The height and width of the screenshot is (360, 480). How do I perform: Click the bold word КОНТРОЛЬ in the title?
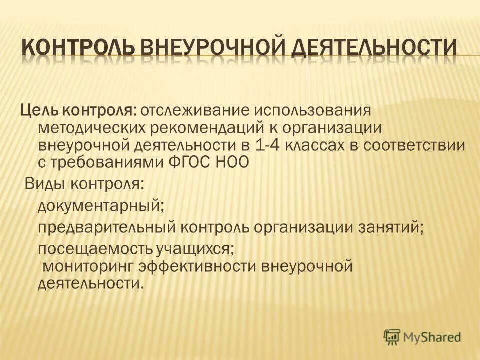click(77, 48)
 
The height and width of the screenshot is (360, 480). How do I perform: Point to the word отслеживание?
click(184, 110)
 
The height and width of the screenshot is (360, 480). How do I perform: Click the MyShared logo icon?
click(393, 337)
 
